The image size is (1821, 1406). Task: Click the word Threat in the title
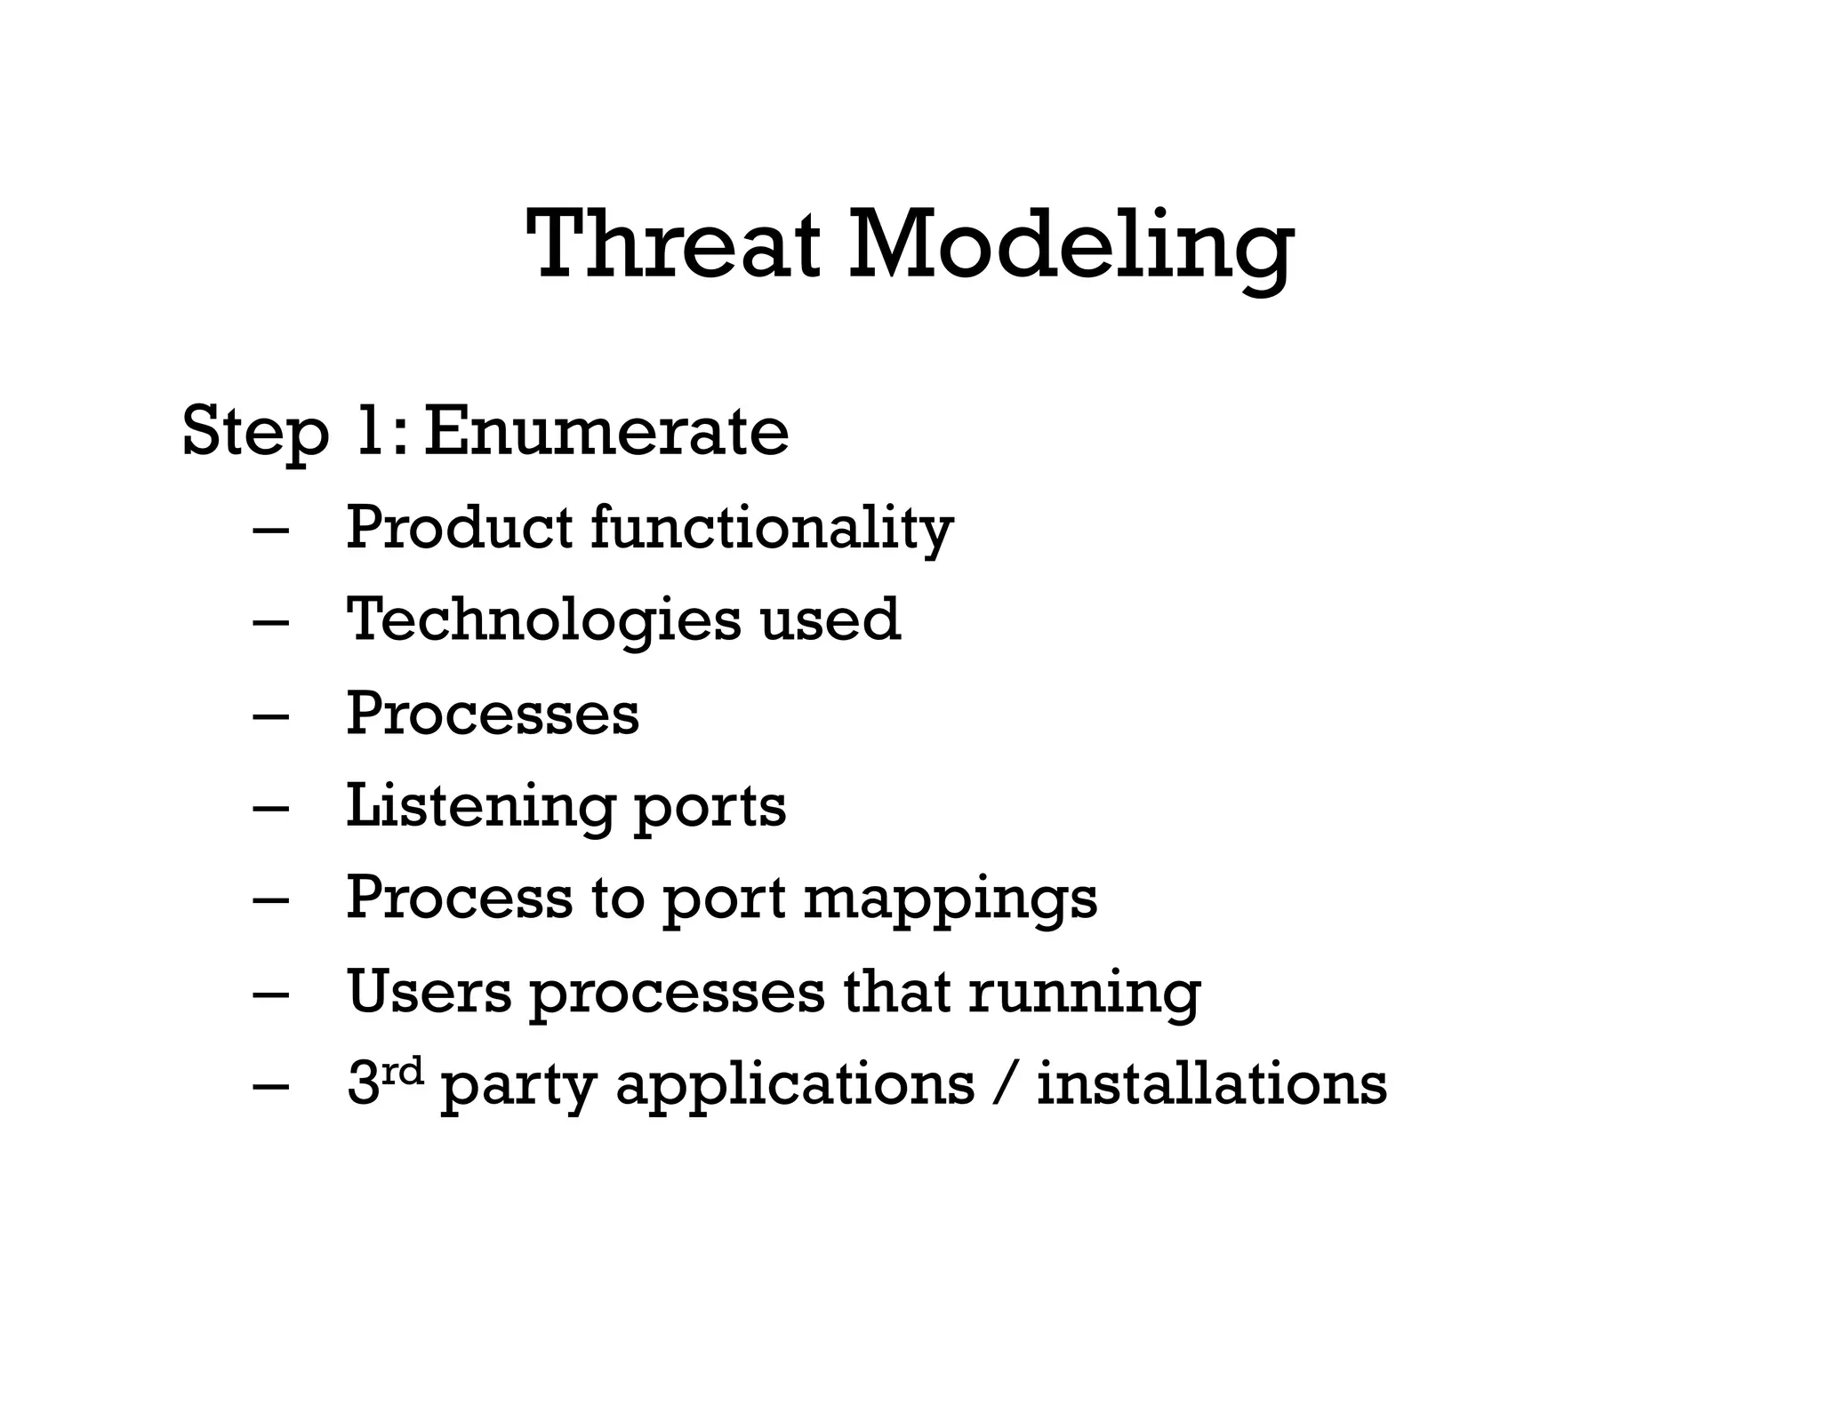(672, 244)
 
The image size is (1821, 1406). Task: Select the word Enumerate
(606, 432)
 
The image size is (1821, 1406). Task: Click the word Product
(459, 527)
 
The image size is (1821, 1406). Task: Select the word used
(830, 619)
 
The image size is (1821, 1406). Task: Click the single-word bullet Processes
(492, 714)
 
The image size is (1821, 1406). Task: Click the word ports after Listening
(710, 810)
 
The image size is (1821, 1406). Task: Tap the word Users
(429, 993)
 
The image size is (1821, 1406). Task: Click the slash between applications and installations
(1006, 1085)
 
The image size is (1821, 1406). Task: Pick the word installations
(1212, 1085)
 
